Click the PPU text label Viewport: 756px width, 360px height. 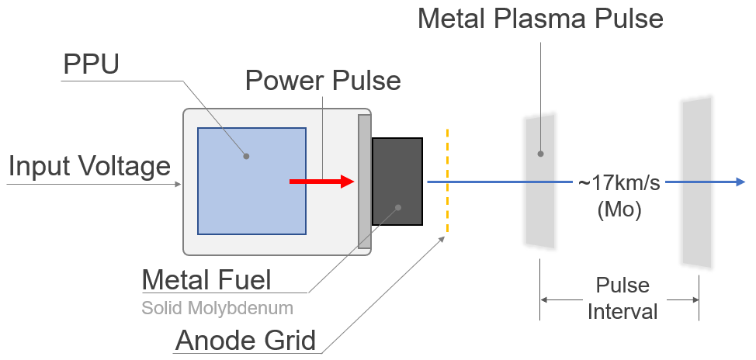tap(91, 65)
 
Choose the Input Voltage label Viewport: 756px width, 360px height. tap(89, 165)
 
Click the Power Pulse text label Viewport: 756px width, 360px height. tap(323, 80)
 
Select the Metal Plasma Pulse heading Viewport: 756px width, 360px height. tap(540, 17)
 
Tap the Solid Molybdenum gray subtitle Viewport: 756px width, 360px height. tap(217, 308)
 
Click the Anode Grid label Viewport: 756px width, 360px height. tap(246, 341)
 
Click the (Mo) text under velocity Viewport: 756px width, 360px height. tap(618, 209)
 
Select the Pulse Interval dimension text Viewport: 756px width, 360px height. tap(622, 299)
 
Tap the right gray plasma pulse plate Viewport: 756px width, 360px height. tap(697, 182)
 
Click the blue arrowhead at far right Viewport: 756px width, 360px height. tap(738, 182)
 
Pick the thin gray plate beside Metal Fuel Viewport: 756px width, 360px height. tap(364, 182)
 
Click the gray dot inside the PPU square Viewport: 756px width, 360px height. tap(246, 156)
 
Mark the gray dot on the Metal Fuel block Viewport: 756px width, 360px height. tap(397, 207)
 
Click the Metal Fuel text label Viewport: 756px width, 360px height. tap(206, 279)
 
